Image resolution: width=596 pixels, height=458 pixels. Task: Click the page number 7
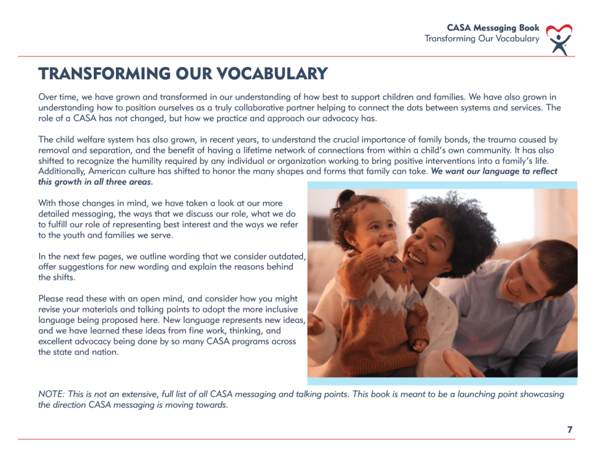tap(570, 429)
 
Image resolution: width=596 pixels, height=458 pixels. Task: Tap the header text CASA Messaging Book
tap(493, 28)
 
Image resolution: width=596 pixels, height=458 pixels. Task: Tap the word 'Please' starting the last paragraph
tap(51, 298)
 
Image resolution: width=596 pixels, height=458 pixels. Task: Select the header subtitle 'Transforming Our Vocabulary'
tap(482, 39)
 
